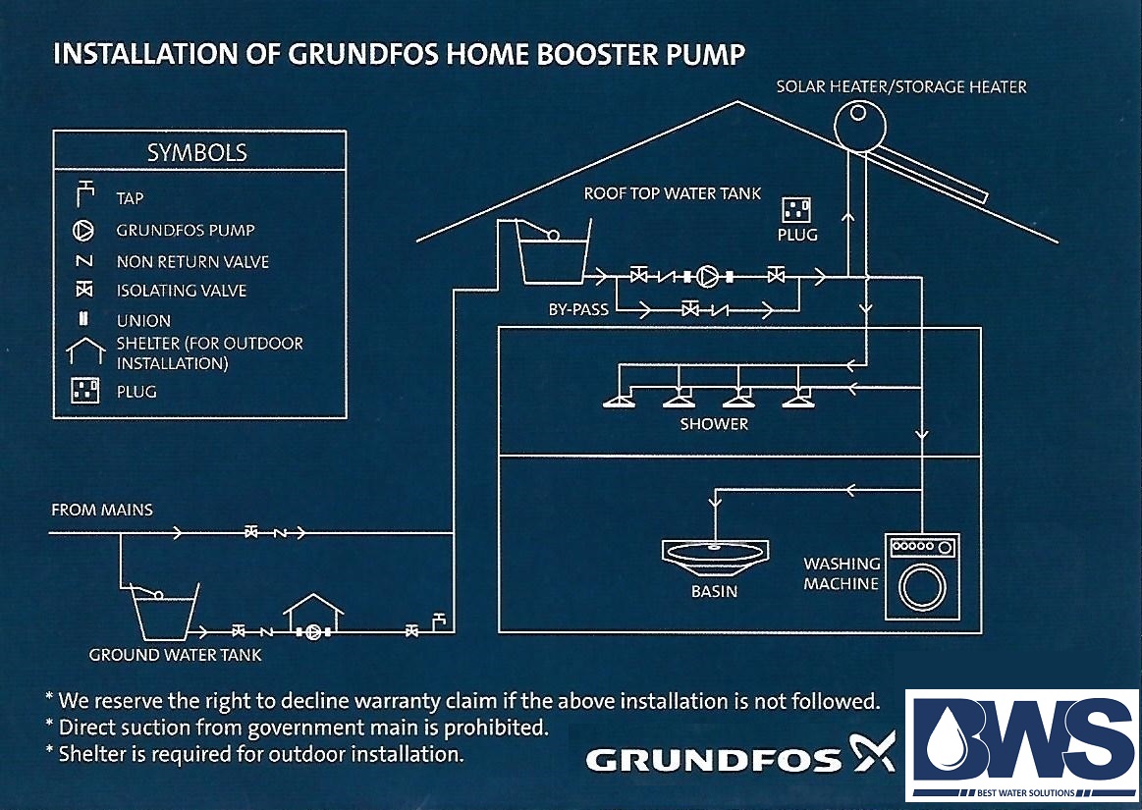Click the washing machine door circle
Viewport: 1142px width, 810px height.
point(922,586)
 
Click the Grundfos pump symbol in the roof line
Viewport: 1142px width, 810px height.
point(706,276)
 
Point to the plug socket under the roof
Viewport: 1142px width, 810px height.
point(796,210)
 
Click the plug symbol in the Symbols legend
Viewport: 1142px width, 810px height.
point(84,390)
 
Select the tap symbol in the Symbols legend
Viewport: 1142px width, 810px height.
point(85,193)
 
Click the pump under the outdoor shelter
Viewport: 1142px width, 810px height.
point(313,632)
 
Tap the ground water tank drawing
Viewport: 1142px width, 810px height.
point(163,612)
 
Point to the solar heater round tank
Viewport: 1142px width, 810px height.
point(859,126)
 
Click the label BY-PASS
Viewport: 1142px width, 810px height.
point(578,309)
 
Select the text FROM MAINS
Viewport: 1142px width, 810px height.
point(102,510)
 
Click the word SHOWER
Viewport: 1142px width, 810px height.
point(714,424)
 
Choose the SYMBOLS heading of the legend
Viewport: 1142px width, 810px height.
point(197,152)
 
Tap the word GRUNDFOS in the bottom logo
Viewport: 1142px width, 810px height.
point(714,761)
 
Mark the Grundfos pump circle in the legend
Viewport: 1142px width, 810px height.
point(83,230)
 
